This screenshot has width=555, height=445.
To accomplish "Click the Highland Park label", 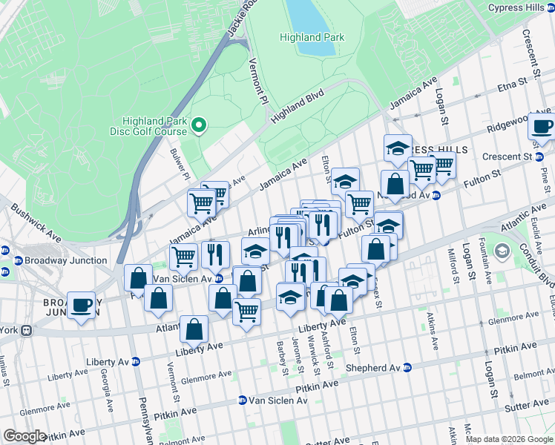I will coord(312,37).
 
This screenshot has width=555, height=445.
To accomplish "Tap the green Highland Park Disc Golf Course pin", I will coord(198,126).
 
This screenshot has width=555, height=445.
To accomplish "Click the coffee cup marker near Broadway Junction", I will coord(81,305).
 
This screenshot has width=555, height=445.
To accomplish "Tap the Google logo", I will coord(24,436).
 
